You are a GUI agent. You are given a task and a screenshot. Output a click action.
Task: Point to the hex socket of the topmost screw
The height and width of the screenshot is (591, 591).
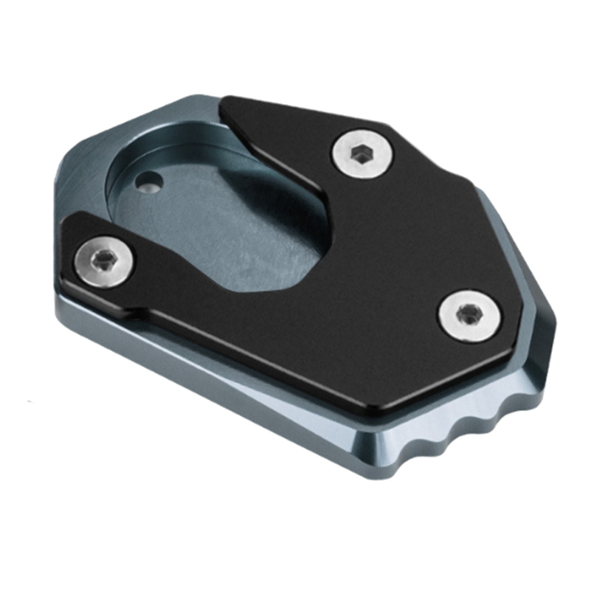[x=361, y=155]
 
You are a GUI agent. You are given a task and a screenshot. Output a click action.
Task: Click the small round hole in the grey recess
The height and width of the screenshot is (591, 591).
[x=149, y=181]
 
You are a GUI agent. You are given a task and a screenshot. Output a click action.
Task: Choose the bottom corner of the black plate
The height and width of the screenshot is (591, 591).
[x=382, y=412]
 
